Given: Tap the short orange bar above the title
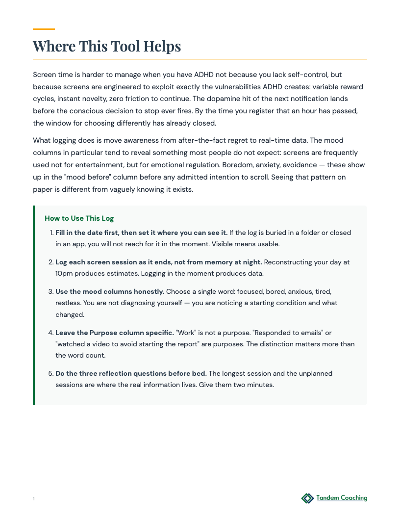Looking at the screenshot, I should [x=44, y=29].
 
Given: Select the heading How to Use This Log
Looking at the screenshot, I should [x=79, y=218].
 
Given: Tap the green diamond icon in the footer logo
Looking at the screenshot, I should [x=307, y=498].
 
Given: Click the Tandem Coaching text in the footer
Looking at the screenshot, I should [x=342, y=498].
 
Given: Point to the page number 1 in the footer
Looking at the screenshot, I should [x=34, y=499].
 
